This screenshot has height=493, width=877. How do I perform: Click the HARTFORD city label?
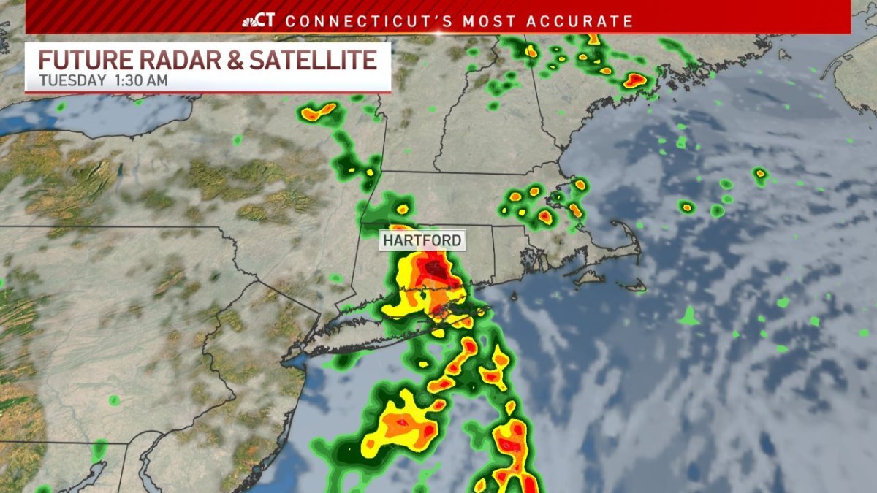coord(421,240)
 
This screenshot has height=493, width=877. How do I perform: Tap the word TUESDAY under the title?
coord(72,80)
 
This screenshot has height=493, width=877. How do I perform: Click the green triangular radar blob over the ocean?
coord(688,317)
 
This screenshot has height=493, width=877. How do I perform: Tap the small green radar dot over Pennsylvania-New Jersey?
coord(114,400)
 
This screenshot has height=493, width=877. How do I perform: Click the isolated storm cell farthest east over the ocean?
coord(761,174)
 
